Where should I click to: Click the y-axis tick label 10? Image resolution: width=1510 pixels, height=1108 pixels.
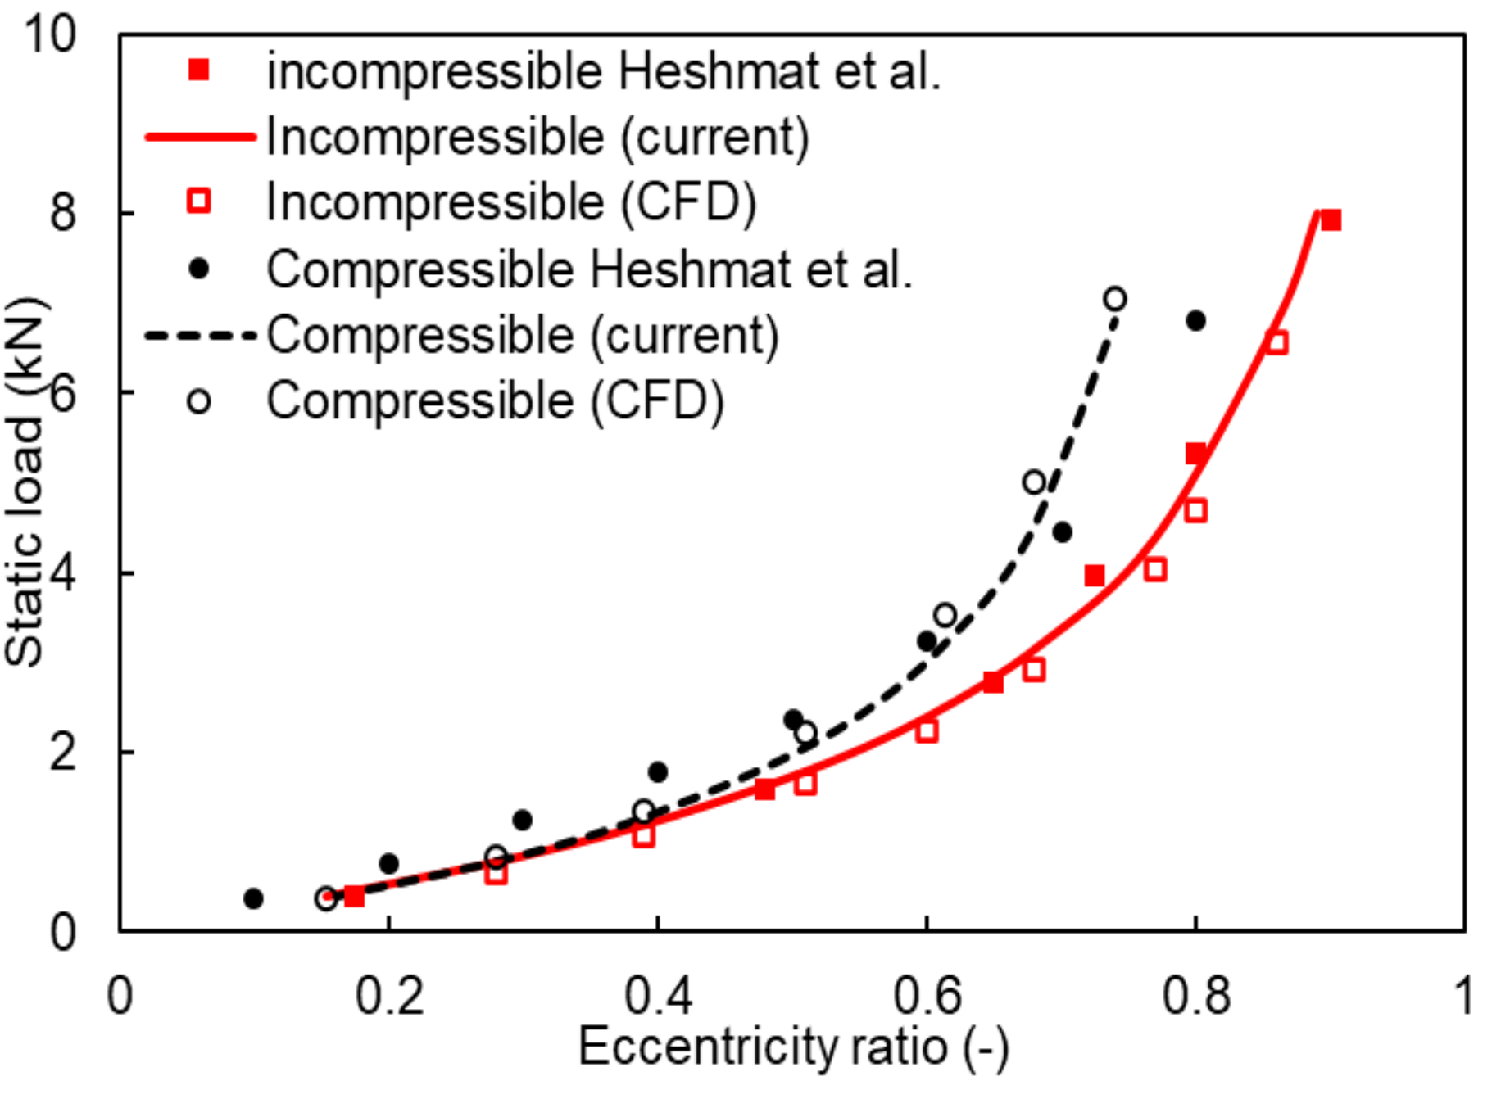pos(49,34)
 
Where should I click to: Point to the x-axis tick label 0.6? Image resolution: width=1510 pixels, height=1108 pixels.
pos(926,996)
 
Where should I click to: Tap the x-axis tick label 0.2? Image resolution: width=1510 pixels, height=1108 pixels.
pos(388,996)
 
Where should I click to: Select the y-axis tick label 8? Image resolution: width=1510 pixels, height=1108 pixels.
pos(62,212)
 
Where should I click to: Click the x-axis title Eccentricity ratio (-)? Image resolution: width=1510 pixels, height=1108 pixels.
pos(792,1047)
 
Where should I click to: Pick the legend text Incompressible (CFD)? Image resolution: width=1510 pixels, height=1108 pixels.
pos(511,202)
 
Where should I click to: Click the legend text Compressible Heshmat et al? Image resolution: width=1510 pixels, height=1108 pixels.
pos(589,269)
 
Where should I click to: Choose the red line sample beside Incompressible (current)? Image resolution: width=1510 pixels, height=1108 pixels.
pos(200,137)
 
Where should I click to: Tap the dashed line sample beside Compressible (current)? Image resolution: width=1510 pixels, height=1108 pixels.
pos(200,336)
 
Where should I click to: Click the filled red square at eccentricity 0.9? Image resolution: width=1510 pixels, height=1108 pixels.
pos(1331,220)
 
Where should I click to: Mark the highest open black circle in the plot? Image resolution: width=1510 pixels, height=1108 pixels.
pos(1113,299)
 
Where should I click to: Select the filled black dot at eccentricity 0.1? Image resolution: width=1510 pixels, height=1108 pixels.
pos(253,898)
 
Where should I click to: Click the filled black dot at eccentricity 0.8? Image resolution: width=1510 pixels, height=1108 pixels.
pos(1195,321)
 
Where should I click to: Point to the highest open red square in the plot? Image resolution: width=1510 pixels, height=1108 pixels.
pos(1276,342)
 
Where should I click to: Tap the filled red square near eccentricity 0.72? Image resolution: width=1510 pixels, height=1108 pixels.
pos(1094,576)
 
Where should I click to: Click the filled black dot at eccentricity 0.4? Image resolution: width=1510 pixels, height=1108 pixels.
pos(657,771)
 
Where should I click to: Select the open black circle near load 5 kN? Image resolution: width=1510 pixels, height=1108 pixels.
pos(1034,482)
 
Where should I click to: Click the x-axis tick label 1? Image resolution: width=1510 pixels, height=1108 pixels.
pos(1462,996)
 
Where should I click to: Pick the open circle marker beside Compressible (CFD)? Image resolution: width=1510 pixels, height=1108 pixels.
pos(199,401)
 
